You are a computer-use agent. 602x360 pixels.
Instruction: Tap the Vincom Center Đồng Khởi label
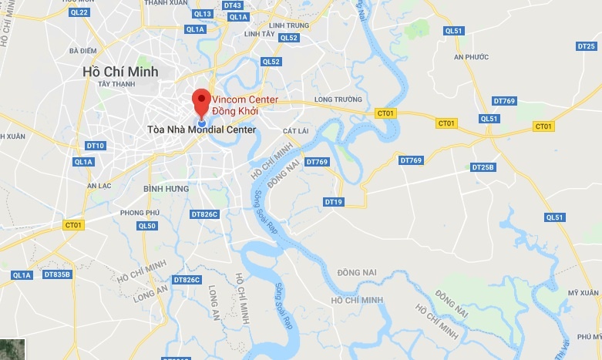(x=235, y=106)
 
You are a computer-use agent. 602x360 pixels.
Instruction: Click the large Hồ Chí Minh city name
(x=120, y=71)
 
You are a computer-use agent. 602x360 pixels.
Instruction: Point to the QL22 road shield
(x=79, y=12)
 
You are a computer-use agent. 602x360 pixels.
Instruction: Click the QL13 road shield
(x=203, y=14)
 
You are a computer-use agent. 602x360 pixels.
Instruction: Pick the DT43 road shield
(x=232, y=5)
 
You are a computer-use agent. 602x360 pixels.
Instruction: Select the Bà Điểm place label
(x=82, y=51)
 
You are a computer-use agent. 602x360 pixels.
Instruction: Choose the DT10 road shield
(x=96, y=146)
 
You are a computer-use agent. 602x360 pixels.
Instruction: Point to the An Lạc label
(x=99, y=185)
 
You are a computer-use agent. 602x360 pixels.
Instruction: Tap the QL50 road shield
(x=146, y=226)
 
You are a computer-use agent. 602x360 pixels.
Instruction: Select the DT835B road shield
(x=56, y=274)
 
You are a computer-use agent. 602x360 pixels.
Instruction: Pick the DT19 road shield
(x=333, y=202)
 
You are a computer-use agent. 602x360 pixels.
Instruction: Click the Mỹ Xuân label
(x=584, y=293)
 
